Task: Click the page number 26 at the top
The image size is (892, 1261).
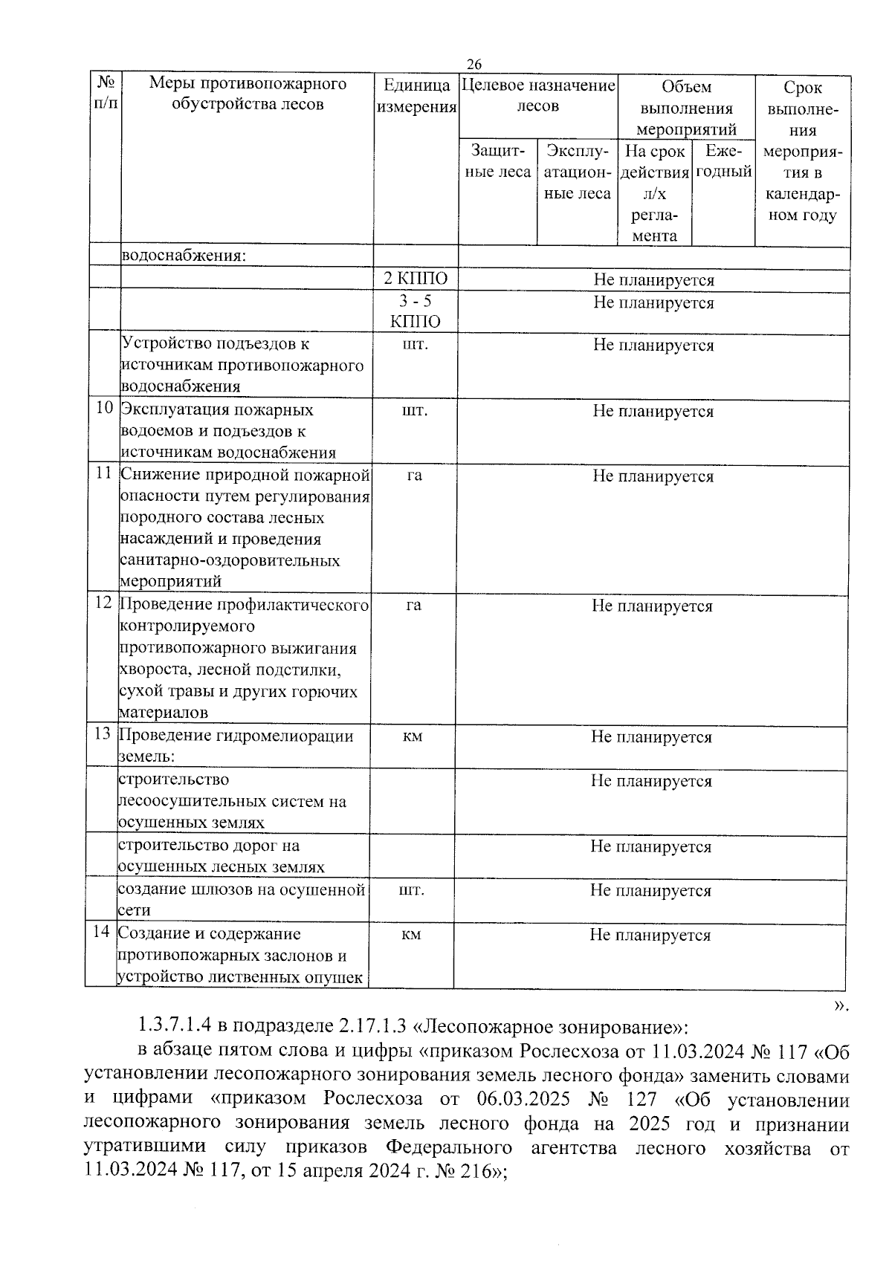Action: (x=474, y=65)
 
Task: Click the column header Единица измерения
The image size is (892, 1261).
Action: (x=416, y=96)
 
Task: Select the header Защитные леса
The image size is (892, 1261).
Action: (x=497, y=161)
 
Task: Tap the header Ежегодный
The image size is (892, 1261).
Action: (x=723, y=161)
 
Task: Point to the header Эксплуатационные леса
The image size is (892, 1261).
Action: (x=577, y=172)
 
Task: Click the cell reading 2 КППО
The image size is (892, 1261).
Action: (x=416, y=279)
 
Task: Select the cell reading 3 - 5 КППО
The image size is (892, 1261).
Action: (x=416, y=311)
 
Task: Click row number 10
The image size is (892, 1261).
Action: (x=105, y=409)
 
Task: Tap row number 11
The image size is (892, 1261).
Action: (x=104, y=473)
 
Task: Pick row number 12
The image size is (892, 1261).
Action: (x=103, y=603)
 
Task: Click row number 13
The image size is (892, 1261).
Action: (x=103, y=734)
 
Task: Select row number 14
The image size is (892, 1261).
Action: (x=102, y=932)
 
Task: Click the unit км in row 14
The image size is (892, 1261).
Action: (x=411, y=935)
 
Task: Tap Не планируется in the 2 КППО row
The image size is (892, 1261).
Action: (x=653, y=280)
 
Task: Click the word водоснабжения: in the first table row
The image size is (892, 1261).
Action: (x=183, y=256)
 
